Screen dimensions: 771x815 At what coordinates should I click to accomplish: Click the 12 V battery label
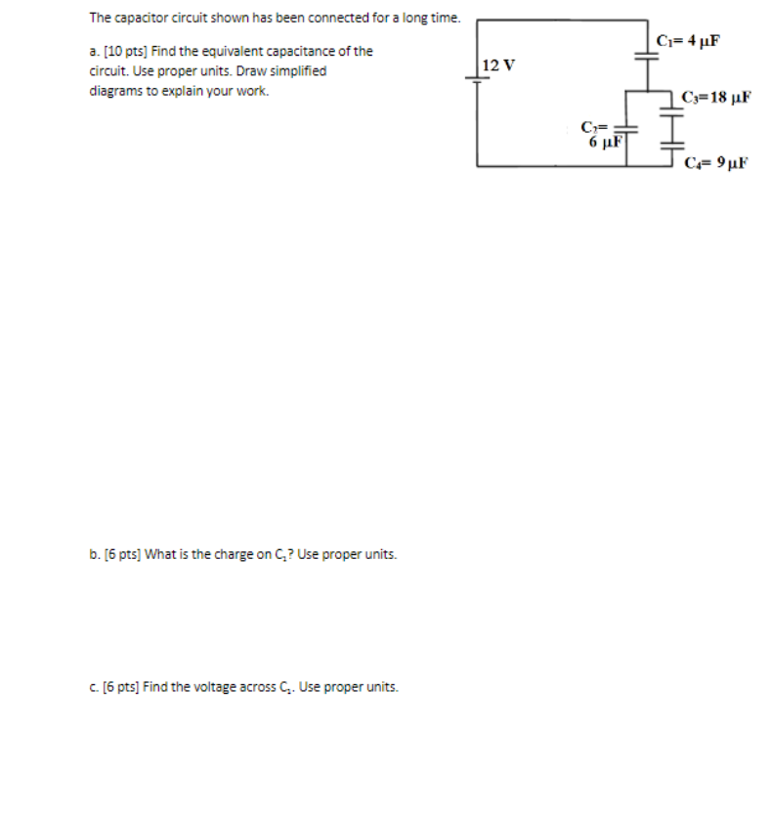(498, 65)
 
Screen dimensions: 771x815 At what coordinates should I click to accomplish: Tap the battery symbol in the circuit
(478, 82)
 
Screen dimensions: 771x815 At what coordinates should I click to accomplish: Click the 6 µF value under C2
(606, 143)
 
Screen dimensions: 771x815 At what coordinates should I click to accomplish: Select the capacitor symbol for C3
(673, 98)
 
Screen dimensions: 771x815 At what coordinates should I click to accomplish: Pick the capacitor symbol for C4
(673, 147)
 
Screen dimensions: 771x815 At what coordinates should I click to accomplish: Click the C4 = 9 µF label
(715, 163)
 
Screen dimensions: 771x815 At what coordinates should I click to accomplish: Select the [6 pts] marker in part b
(121, 554)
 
